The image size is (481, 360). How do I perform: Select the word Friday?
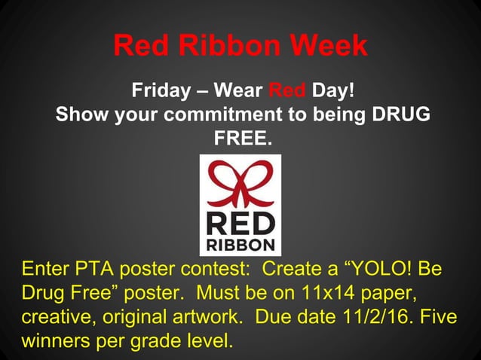[161, 92]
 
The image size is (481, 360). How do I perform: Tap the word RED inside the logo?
[240, 222]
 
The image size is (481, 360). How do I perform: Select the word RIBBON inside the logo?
[240, 245]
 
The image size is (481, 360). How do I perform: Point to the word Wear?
[238, 92]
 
